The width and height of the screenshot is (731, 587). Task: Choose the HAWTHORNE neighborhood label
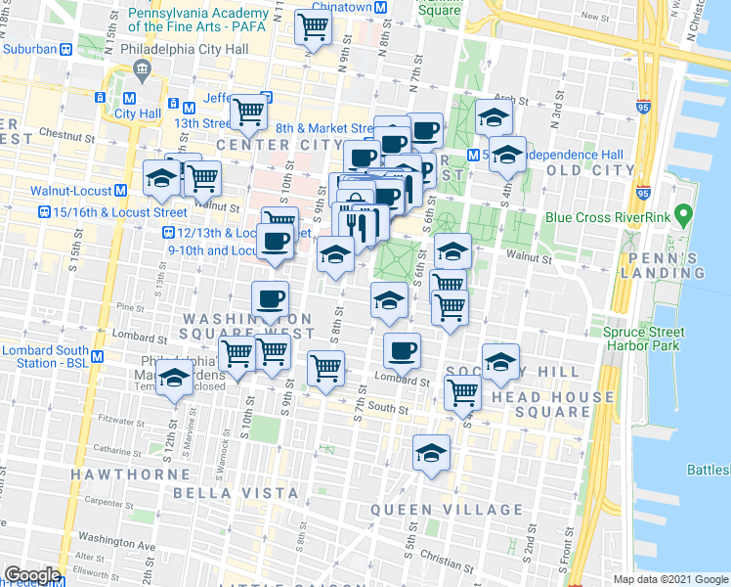click(x=121, y=474)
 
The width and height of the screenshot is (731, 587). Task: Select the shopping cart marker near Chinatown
click(x=314, y=28)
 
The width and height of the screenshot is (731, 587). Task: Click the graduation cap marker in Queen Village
click(x=430, y=452)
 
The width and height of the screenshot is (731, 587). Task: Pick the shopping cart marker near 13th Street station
click(x=250, y=113)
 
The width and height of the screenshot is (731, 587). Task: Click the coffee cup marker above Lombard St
click(x=401, y=348)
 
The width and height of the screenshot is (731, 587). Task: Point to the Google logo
click(x=31, y=575)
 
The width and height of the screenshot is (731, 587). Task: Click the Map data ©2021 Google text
click(x=670, y=579)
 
